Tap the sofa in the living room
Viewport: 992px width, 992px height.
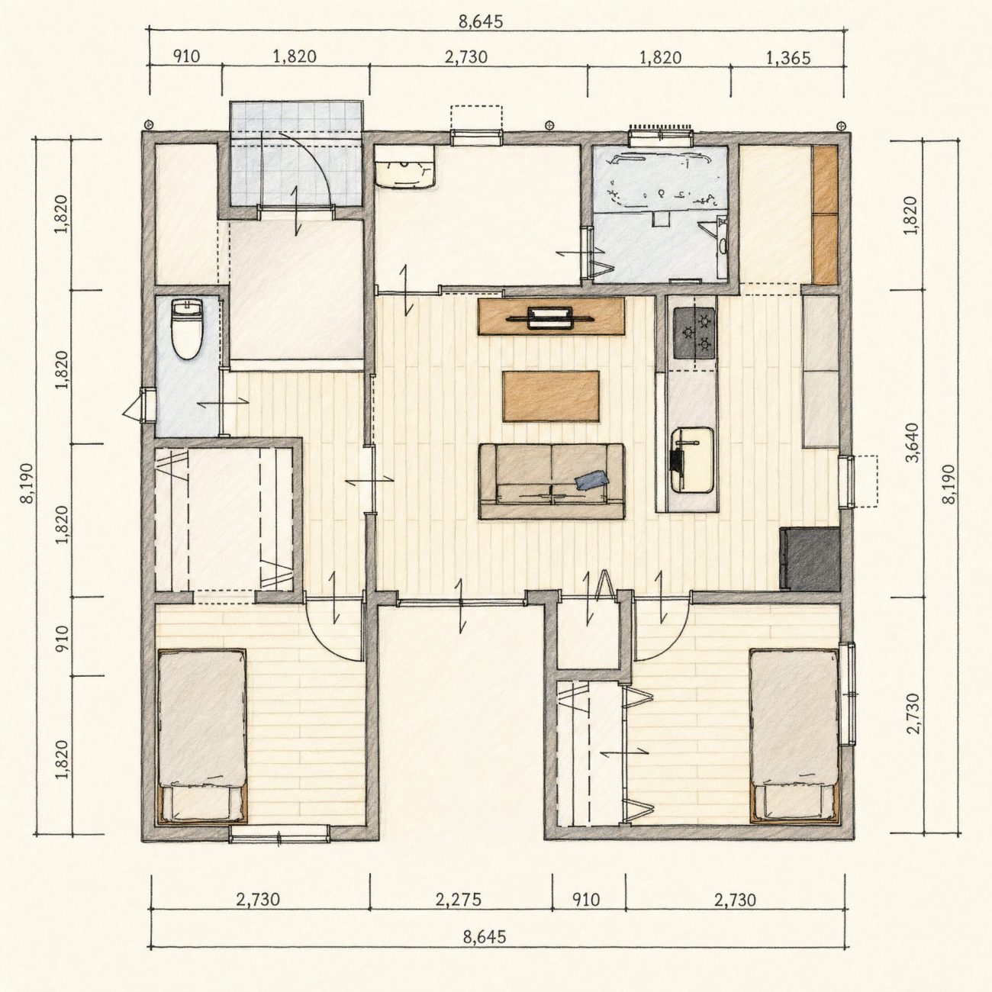[552, 481]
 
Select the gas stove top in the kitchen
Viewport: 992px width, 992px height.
[694, 333]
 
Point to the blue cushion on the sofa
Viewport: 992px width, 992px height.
[591, 480]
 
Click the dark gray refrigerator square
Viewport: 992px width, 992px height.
[810, 558]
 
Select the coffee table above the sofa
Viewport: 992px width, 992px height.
[552, 396]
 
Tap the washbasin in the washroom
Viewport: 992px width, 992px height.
[404, 166]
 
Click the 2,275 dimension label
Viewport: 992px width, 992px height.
[459, 900]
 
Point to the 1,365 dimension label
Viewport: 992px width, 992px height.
[789, 58]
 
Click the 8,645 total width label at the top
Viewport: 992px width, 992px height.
[481, 21]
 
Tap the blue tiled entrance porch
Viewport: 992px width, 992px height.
[296, 154]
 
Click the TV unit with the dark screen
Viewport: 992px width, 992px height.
[552, 317]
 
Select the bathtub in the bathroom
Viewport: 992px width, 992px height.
[659, 178]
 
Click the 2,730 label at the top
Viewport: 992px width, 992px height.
[466, 56]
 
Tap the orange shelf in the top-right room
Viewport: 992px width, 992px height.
[825, 214]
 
